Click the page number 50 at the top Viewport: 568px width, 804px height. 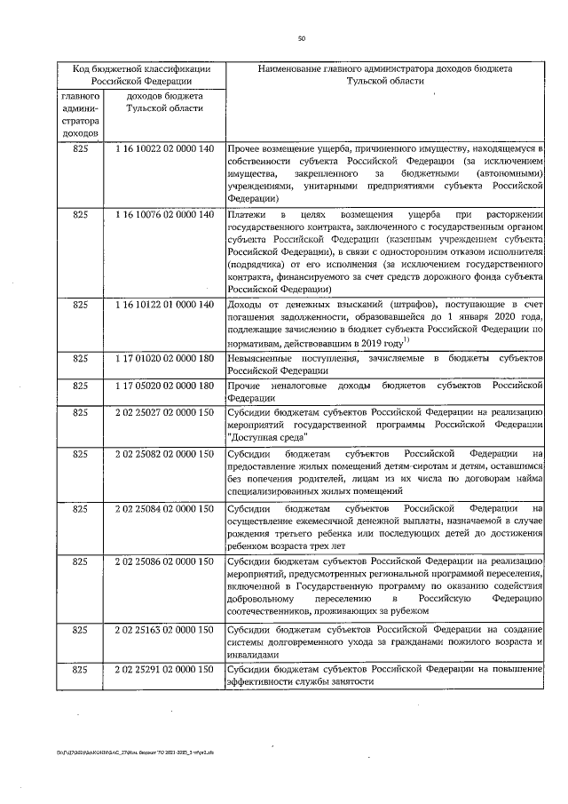click(x=302, y=38)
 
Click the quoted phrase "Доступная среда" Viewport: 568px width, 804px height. click(x=264, y=437)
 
